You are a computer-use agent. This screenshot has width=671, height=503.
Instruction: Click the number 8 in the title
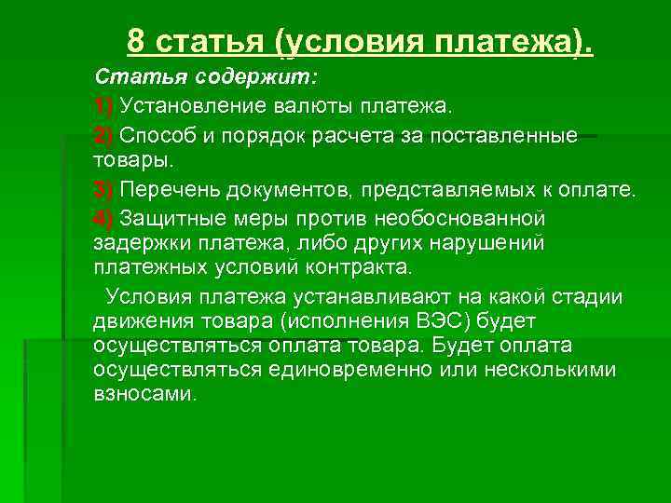[136, 41]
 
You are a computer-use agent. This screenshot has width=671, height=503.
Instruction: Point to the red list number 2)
[103, 136]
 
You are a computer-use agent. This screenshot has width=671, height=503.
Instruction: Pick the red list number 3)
[103, 190]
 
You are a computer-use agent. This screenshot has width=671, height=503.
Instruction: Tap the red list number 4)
[103, 218]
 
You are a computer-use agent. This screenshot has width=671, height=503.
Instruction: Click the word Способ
[155, 136]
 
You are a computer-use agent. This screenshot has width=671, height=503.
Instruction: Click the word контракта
[362, 268]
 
